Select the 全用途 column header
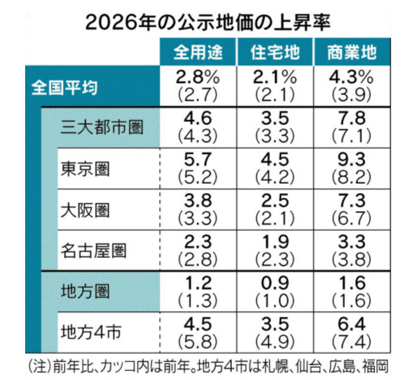tap(198, 53)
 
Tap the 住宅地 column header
tap(274, 53)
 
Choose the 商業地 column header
tap(352, 53)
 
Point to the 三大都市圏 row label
tap(102, 128)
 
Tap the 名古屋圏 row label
tap(93, 251)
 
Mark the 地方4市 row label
tap(91, 332)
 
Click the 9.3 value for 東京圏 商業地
tap(352, 160)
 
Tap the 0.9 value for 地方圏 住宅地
tap(274, 283)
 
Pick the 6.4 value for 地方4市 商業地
tap(352, 324)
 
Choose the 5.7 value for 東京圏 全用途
tap(198, 160)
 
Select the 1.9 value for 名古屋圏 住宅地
tap(274, 242)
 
